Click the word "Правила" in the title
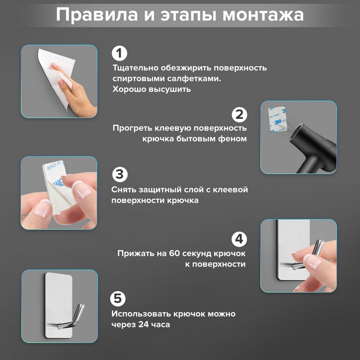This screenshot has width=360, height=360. pyautogui.click(x=97, y=15)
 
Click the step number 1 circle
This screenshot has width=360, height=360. pyautogui.click(x=119, y=54)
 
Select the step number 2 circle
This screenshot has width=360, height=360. pyautogui.click(x=239, y=114)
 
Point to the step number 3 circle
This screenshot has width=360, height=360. pyautogui.click(x=119, y=174)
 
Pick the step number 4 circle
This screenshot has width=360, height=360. pyautogui.click(x=239, y=239)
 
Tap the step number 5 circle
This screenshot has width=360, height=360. pyautogui.click(x=118, y=299)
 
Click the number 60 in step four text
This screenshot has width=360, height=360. pyautogui.click(x=174, y=253)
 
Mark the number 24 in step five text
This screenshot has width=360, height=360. pyautogui.click(x=143, y=325)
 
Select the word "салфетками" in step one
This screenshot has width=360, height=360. pyautogui.click(x=194, y=79)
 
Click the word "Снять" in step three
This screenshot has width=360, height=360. pyautogui.click(x=124, y=190)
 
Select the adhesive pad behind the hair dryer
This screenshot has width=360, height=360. pyautogui.click(x=277, y=120)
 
